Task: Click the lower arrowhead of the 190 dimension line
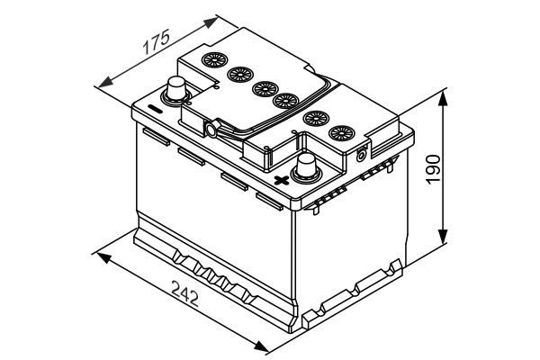[445, 241]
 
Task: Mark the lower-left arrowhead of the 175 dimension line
[99, 83]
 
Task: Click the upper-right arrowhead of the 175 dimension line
[215, 17]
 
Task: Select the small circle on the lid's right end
[362, 153]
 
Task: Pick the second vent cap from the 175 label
[239, 75]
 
